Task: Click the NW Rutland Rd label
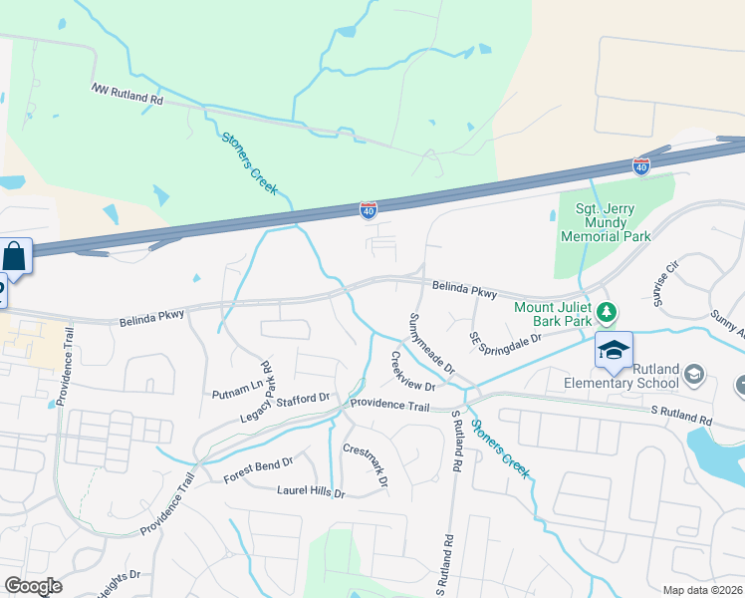[x=127, y=95]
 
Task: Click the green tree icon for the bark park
[x=606, y=314]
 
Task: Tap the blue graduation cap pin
[x=614, y=350]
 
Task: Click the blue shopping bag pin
[x=16, y=256]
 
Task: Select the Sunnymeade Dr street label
[x=431, y=344]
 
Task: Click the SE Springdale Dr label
[x=505, y=343]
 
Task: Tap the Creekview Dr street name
[x=412, y=372]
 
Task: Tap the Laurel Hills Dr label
[x=310, y=491]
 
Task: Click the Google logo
[x=33, y=586]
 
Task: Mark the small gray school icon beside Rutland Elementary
[x=694, y=375]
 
